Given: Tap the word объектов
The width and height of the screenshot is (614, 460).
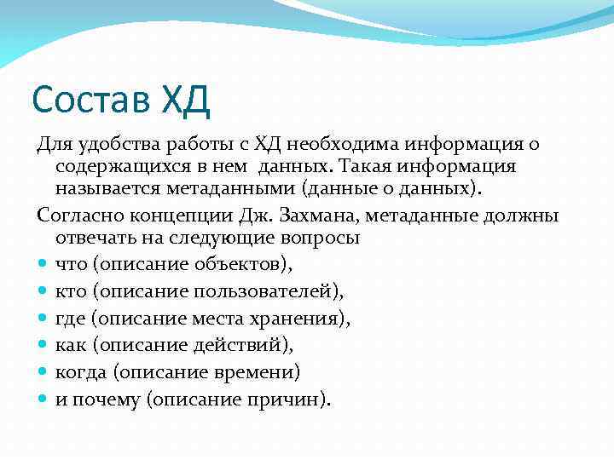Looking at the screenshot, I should (247, 265).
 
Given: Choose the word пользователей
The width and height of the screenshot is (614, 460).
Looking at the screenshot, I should (268, 292).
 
